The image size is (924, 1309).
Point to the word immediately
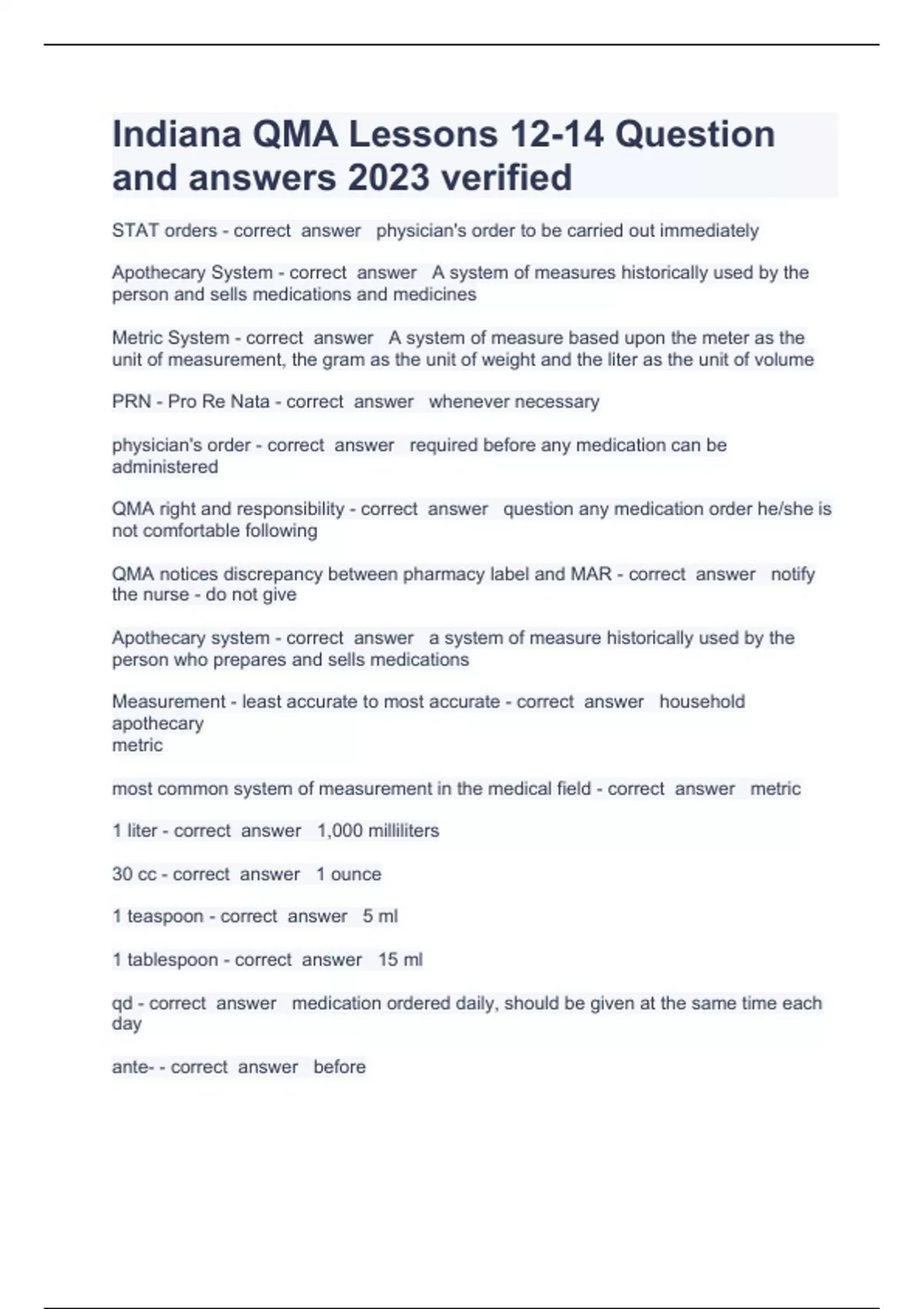(709, 231)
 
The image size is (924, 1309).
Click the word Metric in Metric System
(137, 338)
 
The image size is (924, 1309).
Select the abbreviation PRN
(132, 402)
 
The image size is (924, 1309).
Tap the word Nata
(249, 402)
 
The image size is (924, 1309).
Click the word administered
(165, 467)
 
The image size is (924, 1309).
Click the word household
(701, 702)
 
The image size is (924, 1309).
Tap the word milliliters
(403, 831)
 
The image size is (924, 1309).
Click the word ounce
(356, 875)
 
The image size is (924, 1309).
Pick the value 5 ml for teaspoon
(380, 916)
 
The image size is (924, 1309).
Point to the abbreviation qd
(122, 1004)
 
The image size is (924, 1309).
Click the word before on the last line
(340, 1067)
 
